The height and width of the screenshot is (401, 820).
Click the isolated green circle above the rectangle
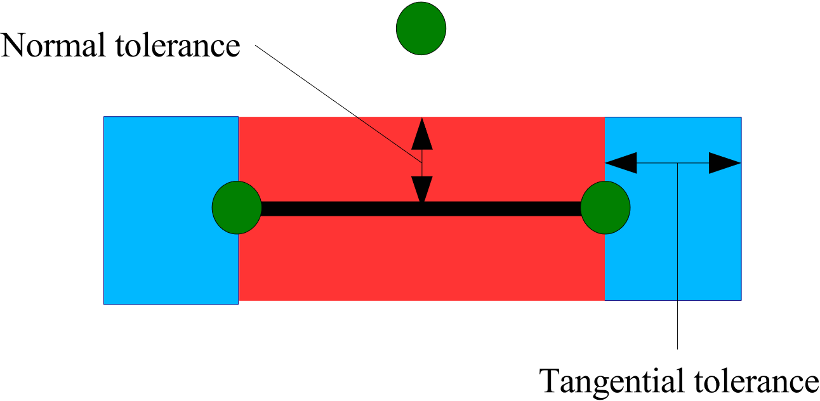point(421,29)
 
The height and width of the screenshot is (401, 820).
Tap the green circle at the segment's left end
point(237,207)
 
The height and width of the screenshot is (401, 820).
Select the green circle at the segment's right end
point(605,207)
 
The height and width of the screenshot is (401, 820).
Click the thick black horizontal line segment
point(421,209)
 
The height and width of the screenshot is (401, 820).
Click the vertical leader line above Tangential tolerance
point(678,286)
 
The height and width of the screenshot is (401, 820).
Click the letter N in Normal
point(14,46)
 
